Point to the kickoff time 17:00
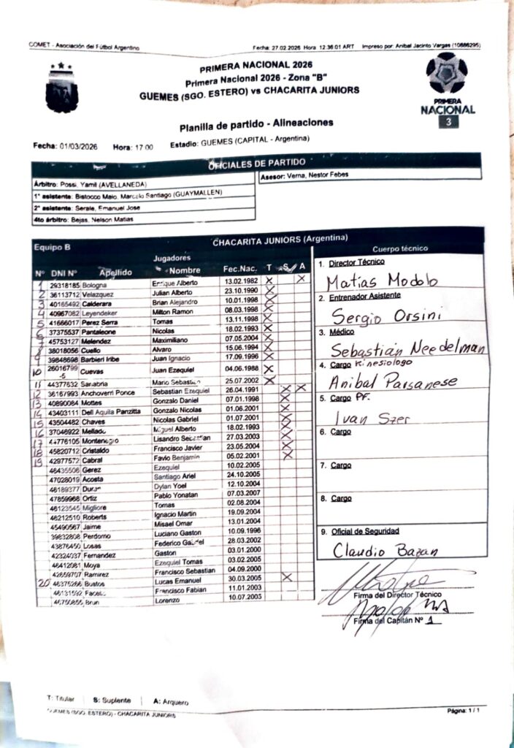pyautogui.click(x=143, y=147)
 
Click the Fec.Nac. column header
pyautogui.click(x=239, y=269)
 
